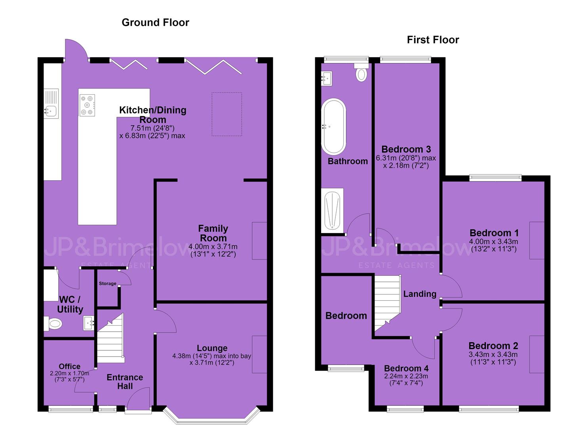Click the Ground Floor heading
point(155,23)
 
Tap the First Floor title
point(433,40)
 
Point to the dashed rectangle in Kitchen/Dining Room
point(227,114)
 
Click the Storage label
point(108,283)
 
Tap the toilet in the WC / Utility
point(53,323)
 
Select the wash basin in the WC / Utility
point(89,323)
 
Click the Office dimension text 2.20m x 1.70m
point(70,373)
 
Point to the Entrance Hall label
point(125,382)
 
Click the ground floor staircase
point(110,339)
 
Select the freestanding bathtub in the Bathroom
point(334,127)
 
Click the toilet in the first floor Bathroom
point(362,72)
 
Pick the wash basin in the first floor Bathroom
point(327,78)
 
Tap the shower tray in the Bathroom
point(332,210)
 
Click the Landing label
point(420,294)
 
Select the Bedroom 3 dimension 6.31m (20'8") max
point(406,158)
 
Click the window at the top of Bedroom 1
point(495,178)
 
